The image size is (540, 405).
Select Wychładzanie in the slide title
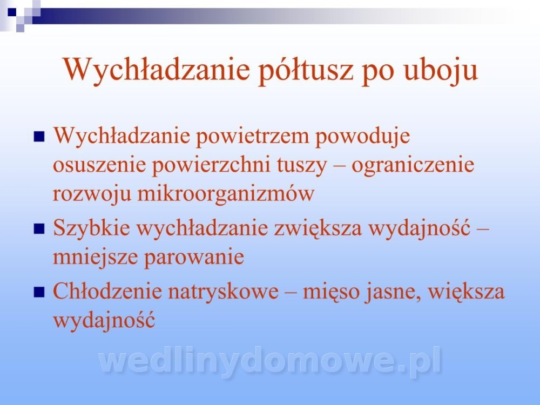pos(157,70)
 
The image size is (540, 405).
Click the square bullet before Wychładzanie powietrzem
pos(39,137)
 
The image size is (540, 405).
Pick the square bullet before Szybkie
pos(39,228)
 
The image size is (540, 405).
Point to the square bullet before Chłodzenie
pos(39,292)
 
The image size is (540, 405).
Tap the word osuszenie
pos(99,165)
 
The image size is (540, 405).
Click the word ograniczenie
pos(413,166)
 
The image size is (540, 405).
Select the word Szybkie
pos(92,228)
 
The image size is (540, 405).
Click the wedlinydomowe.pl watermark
pos(270,361)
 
